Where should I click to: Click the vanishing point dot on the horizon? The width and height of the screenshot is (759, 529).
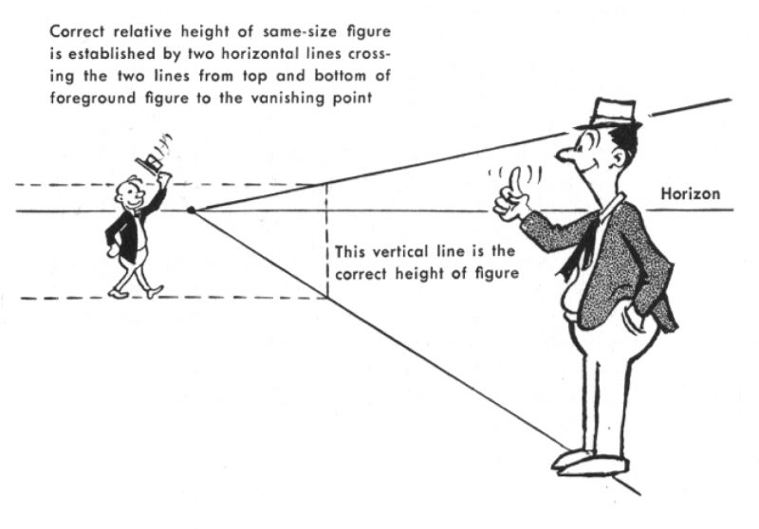point(191,210)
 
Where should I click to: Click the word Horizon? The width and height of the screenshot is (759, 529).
point(690,194)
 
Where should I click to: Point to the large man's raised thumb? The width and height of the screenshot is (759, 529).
point(513,181)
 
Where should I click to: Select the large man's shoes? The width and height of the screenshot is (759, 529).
point(588,462)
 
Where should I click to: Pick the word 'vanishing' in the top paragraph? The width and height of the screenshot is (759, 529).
point(311,100)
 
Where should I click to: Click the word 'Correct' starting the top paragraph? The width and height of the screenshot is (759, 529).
point(76,31)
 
